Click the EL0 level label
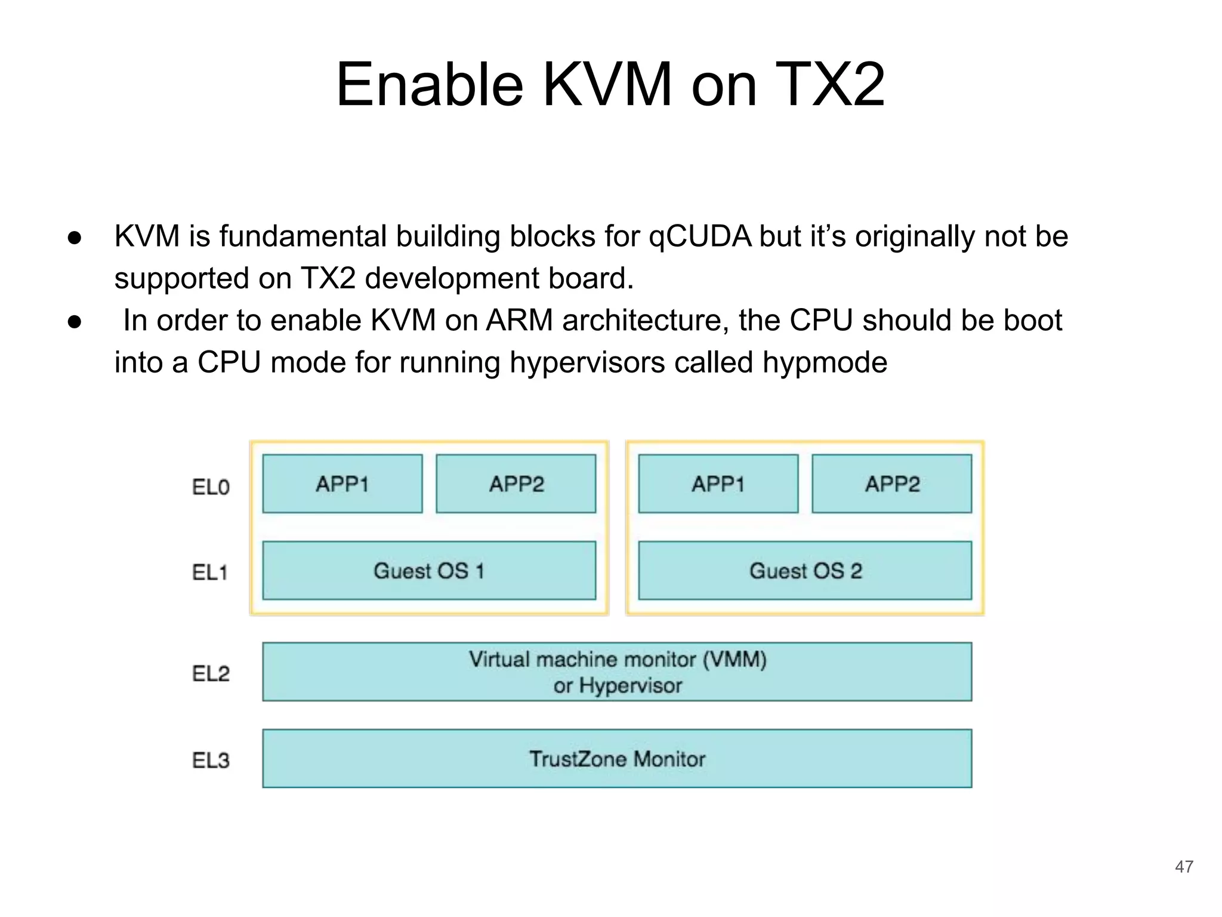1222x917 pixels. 211,487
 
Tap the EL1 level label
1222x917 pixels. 210,573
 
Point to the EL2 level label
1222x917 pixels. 211,673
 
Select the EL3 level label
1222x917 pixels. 211,760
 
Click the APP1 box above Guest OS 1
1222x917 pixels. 342,484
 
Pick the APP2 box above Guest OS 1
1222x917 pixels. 516,484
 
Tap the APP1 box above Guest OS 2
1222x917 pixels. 718,484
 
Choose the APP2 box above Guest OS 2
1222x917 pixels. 892,484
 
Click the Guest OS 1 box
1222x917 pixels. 429,571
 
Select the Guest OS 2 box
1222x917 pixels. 805,571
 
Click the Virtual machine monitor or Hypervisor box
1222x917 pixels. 617,672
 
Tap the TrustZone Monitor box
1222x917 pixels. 617,759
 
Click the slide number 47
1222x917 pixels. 1184,866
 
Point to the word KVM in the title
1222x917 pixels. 607,85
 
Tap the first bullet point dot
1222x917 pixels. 75,238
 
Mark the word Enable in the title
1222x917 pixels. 430,85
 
